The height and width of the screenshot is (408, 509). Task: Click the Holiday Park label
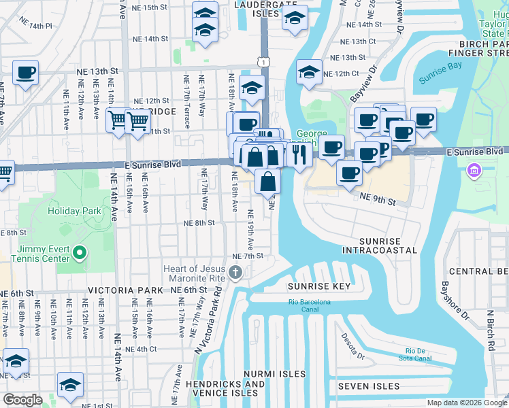coord(74,211)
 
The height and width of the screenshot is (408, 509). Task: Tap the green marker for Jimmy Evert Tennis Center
coord(80,254)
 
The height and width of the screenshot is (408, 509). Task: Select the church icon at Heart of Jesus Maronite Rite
coord(235,273)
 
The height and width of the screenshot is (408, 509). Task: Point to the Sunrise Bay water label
coord(440,78)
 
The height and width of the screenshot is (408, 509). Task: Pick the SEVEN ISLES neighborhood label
coord(368,386)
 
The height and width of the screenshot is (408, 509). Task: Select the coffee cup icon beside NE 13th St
coord(25,72)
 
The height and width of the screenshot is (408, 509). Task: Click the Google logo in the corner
coord(22,400)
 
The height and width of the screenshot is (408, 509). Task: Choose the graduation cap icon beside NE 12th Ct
coord(309,73)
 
